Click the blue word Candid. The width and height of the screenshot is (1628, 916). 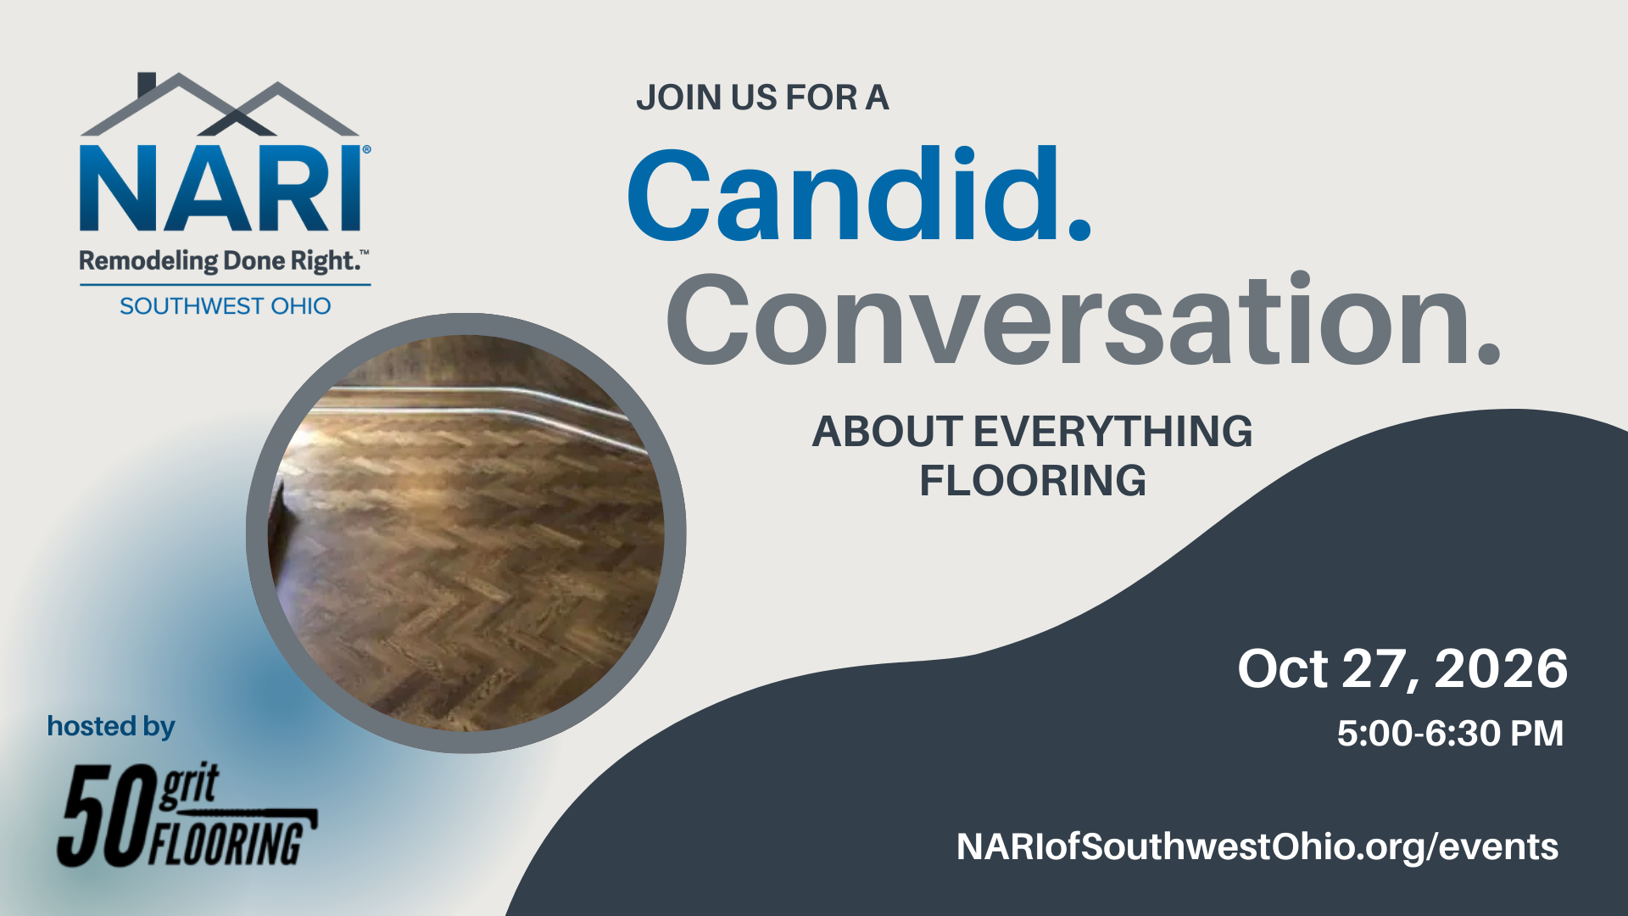858,195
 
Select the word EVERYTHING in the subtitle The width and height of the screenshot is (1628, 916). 1112,432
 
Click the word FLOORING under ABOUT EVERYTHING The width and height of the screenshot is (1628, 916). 1033,481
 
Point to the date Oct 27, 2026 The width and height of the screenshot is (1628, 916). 1402,669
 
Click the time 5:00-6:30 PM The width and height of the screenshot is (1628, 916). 1450,734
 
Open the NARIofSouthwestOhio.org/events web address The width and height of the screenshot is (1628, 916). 1257,846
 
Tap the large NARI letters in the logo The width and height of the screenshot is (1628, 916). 222,188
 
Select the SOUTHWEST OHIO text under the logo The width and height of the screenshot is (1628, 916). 225,306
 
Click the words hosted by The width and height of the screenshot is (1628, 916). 111,727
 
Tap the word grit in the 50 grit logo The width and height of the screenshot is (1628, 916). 190,785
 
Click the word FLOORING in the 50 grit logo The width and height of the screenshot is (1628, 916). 227,843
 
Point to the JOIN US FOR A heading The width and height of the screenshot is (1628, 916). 762,98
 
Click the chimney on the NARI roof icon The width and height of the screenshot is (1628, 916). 146,83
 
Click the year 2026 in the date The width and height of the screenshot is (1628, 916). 1501,669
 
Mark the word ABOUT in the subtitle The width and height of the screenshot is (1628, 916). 887,432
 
